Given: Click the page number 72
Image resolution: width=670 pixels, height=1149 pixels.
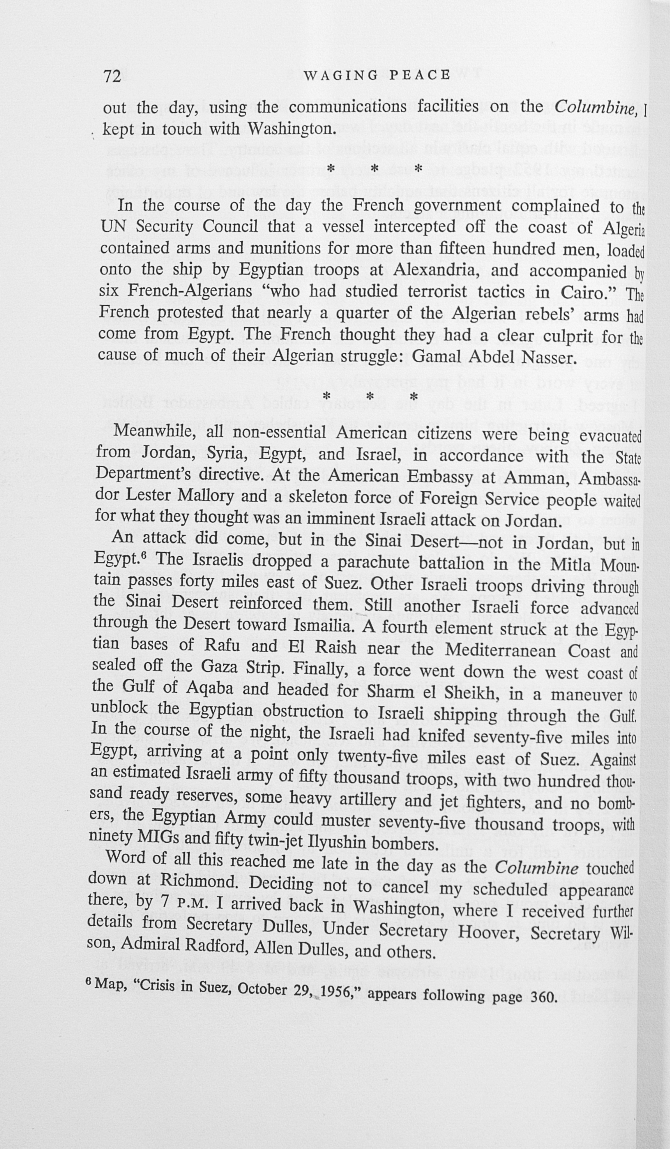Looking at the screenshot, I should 113,76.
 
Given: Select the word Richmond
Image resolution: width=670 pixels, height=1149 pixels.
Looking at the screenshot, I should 199,881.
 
